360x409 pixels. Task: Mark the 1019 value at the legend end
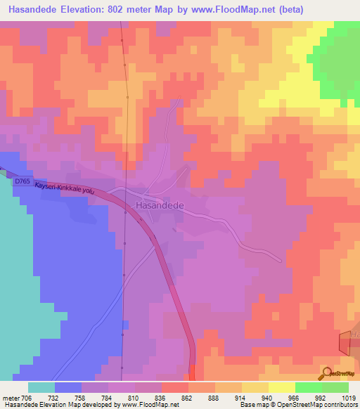pyautogui.click(x=349, y=397)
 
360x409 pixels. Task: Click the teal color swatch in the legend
pyautogui.click(x=41, y=387)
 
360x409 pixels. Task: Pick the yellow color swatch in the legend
pyautogui.click(x=281, y=387)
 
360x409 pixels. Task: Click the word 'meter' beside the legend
pyautogui.click(x=11, y=397)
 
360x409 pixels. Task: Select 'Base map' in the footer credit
pyautogui.click(x=254, y=405)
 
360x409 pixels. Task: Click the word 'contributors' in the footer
pyautogui.click(x=340, y=405)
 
